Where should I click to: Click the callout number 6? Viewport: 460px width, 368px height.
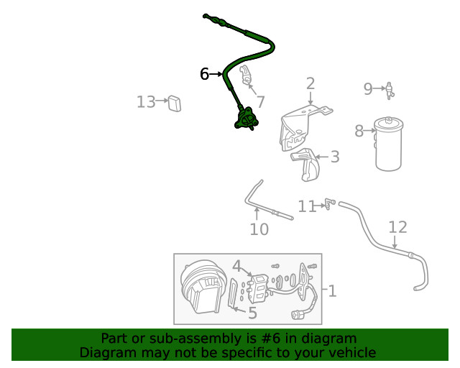(205, 74)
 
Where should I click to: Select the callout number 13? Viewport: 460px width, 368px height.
(145, 102)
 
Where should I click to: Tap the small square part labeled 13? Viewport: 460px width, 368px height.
(174, 103)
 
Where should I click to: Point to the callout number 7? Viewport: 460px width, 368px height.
(260, 102)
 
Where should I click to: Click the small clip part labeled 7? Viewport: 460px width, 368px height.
(244, 75)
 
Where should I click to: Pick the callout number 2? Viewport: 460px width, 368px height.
(310, 83)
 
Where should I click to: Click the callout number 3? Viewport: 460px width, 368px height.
(334, 157)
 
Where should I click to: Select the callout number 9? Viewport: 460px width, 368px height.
(367, 89)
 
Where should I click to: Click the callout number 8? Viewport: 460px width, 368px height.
(359, 131)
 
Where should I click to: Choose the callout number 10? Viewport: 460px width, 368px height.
(259, 229)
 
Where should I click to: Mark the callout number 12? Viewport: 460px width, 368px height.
(397, 228)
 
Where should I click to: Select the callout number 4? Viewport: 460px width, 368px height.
(236, 267)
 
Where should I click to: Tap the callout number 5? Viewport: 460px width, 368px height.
(252, 313)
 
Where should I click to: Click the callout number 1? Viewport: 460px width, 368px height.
(332, 291)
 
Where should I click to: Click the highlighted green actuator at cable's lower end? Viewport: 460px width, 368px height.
(247, 119)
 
